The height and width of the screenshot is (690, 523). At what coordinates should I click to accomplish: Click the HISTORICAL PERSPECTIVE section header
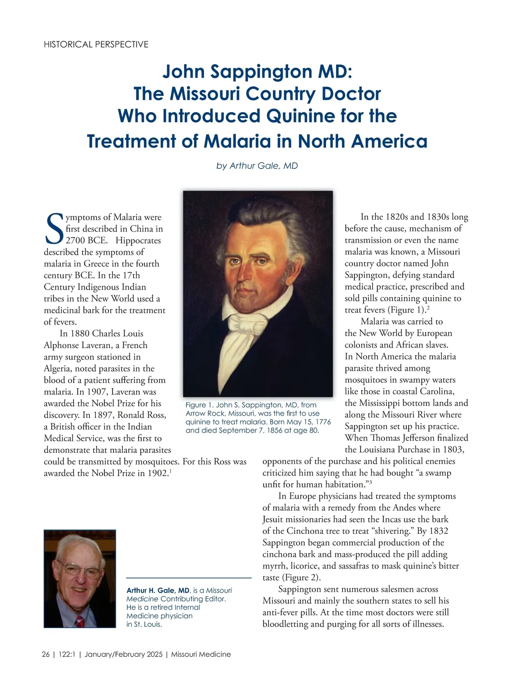coord(96,44)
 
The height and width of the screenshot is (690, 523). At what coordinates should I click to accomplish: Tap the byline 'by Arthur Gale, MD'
coord(257,166)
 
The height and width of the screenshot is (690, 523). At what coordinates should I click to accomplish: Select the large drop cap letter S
coord(54,229)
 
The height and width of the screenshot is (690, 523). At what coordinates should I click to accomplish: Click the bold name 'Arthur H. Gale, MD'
coord(158,591)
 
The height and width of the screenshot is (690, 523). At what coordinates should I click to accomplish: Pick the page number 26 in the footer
coord(46,654)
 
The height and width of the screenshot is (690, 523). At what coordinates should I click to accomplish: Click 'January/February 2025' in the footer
coord(123,654)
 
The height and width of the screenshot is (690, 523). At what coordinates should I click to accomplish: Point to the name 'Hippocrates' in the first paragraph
coord(138,240)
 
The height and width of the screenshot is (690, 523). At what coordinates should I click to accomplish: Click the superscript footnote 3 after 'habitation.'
coord(370,482)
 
